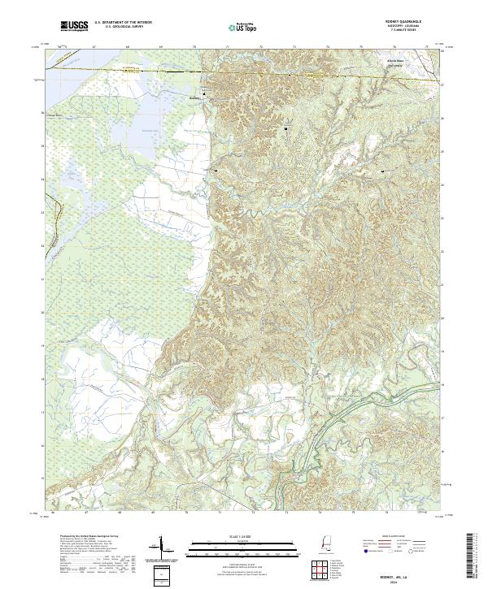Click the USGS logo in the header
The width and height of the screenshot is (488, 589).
pos(74,27)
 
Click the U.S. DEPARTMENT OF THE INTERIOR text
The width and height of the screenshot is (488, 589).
pos(122,24)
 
